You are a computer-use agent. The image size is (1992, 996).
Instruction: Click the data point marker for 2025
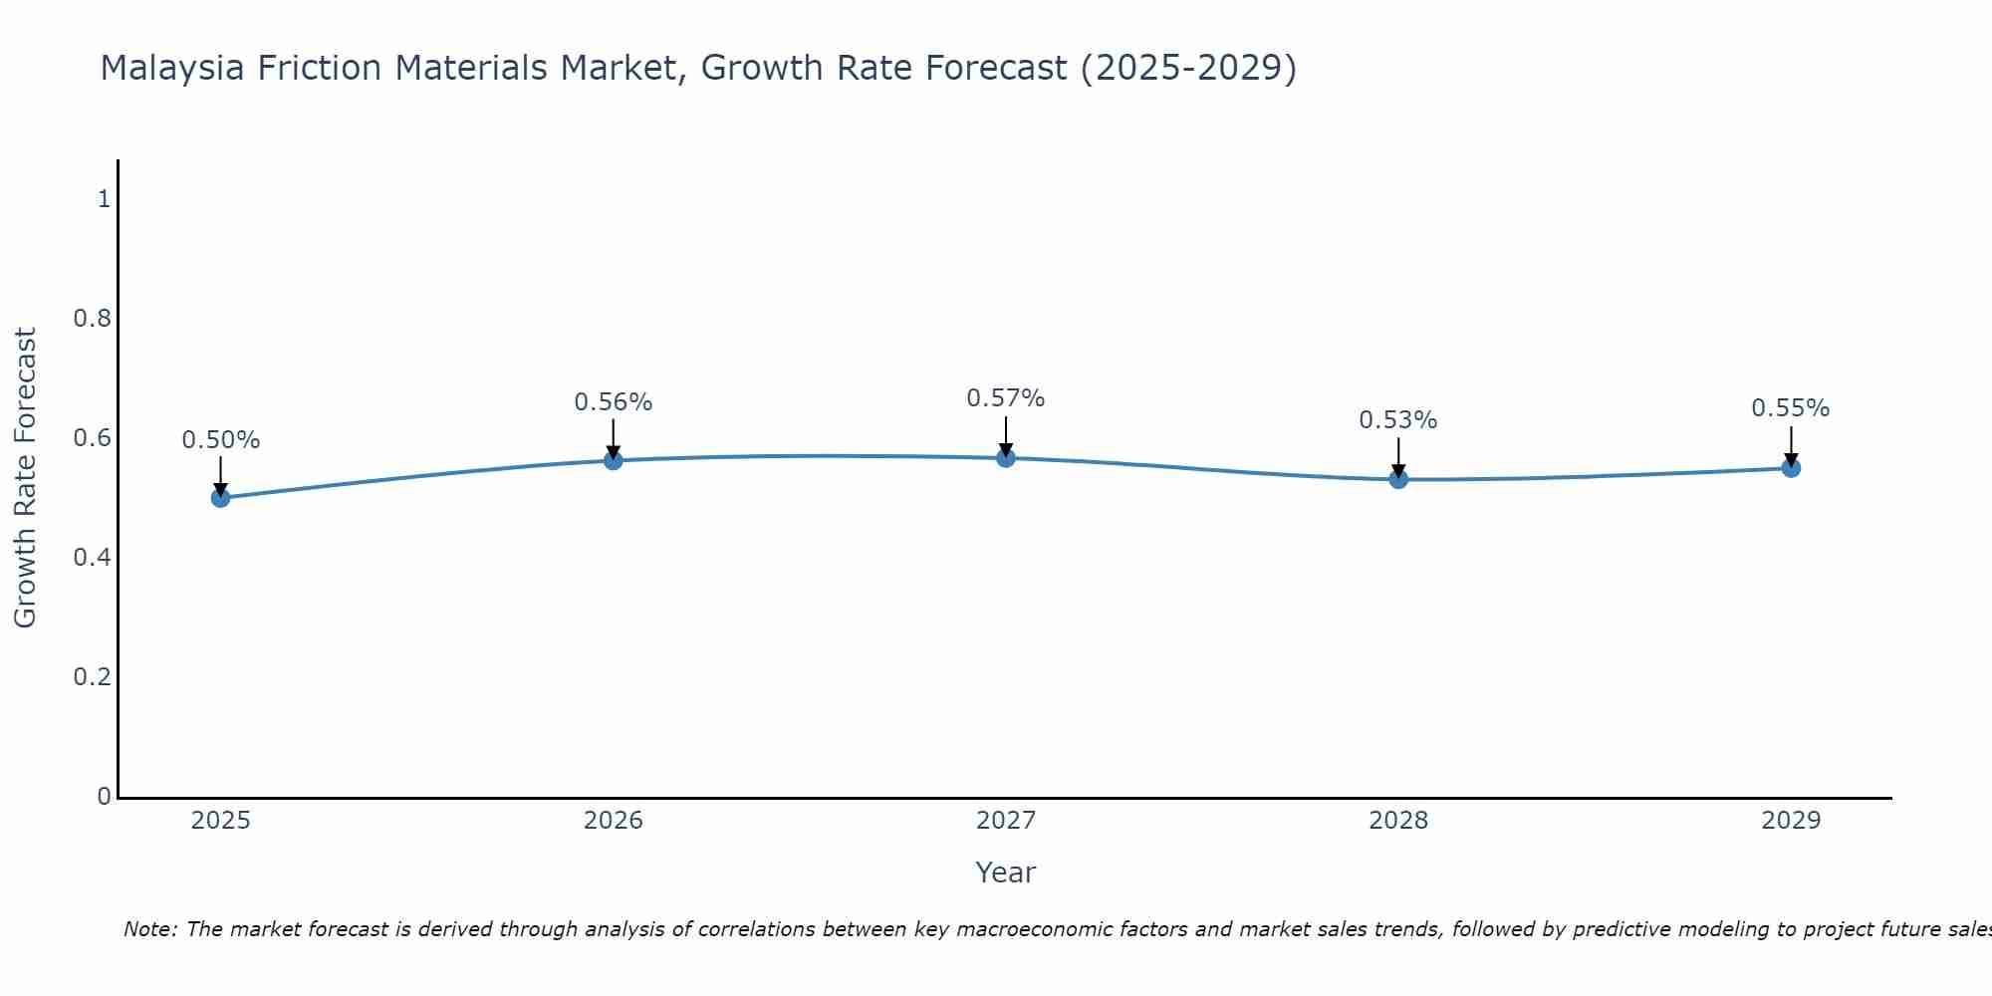click(221, 498)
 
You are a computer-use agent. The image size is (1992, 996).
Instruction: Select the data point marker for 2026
click(614, 460)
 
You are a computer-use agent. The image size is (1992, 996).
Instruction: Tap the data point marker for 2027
click(1006, 458)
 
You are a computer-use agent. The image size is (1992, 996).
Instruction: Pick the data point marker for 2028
click(1398, 479)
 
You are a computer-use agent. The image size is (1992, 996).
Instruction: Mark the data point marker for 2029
click(1791, 468)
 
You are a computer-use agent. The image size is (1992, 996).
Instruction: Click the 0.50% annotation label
click(221, 440)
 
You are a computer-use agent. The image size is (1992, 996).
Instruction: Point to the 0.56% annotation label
click(614, 402)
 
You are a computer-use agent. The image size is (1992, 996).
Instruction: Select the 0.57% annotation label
click(1006, 398)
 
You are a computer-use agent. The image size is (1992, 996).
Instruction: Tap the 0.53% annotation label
click(1398, 420)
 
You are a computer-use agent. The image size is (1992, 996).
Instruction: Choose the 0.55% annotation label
click(1791, 408)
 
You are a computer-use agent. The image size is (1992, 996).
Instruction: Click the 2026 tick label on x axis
click(614, 821)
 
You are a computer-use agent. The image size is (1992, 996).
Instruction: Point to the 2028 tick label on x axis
click(1398, 821)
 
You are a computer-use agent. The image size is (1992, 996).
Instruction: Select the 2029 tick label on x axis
click(1791, 821)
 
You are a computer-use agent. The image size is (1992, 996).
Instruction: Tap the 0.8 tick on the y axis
click(92, 319)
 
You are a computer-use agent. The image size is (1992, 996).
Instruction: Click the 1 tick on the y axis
click(104, 199)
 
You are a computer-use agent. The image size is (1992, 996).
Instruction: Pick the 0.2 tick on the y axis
click(92, 677)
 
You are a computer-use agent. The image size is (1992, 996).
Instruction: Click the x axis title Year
click(1006, 872)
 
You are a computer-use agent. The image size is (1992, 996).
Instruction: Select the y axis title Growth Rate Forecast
click(26, 478)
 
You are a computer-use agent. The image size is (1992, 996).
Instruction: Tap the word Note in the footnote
click(149, 929)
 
